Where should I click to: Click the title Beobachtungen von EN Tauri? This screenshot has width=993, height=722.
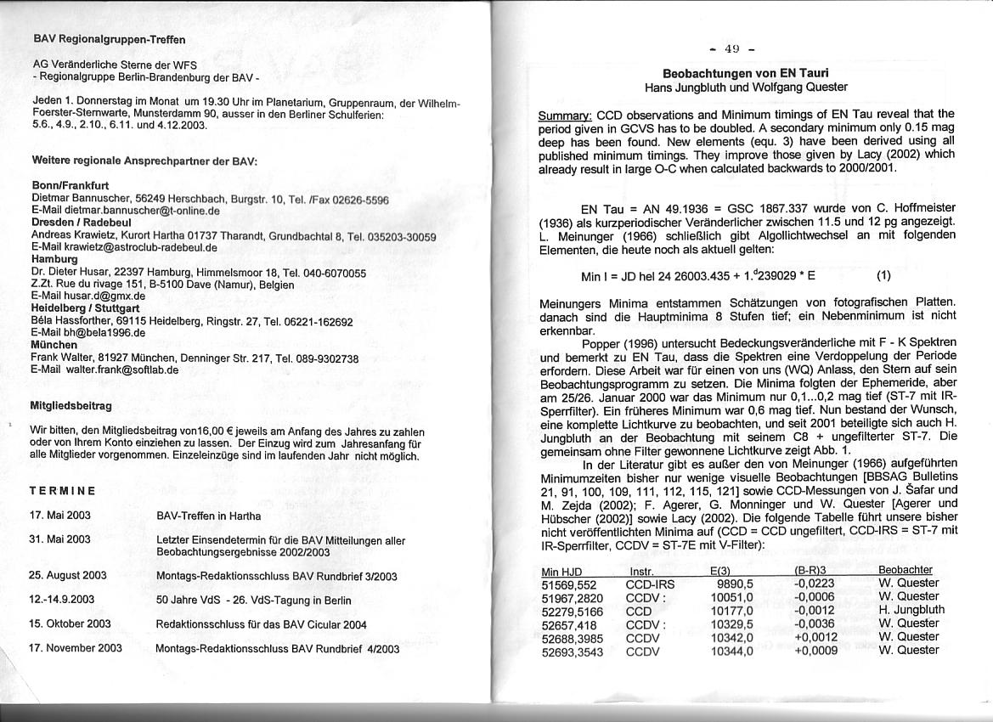[x=745, y=73]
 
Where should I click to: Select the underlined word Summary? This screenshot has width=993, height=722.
[x=566, y=114]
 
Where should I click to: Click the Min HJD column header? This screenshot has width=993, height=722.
[x=561, y=570]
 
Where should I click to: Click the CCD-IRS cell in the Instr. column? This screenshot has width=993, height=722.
[x=652, y=584]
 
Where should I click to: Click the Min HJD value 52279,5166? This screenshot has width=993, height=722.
[x=573, y=610]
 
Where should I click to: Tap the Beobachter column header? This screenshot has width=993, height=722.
[x=905, y=570]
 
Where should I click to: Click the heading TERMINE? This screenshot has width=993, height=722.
[x=62, y=491]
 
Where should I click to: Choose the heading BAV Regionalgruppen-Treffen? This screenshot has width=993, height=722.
[x=109, y=39]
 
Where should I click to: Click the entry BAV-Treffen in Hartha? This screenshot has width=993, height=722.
[x=209, y=516]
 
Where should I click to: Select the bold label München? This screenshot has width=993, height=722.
[x=54, y=346]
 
